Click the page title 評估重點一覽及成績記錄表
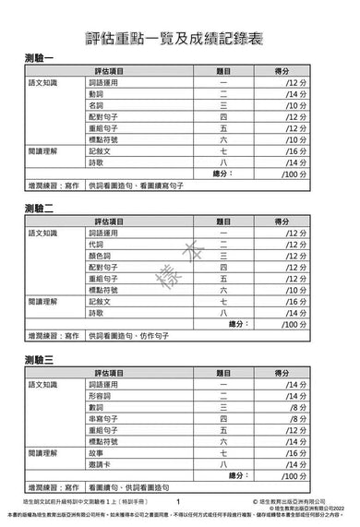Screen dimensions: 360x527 (179, 30)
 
